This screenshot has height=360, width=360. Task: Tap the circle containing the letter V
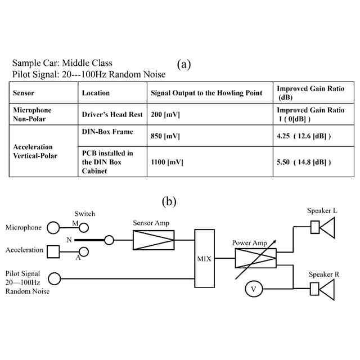point(254,289)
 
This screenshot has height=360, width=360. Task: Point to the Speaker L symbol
point(323,227)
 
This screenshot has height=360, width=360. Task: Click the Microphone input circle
point(53,228)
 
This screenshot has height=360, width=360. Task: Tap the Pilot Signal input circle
point(55,278)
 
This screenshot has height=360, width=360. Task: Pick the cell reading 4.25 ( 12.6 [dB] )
point(303,136)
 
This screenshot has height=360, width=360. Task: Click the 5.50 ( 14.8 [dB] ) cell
point(303,161)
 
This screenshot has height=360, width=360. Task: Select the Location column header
point(96,93)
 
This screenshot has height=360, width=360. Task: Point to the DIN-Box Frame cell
point(108,131)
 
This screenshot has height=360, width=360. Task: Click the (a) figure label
point(183,64)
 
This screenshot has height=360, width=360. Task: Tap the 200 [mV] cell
point(164,114)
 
